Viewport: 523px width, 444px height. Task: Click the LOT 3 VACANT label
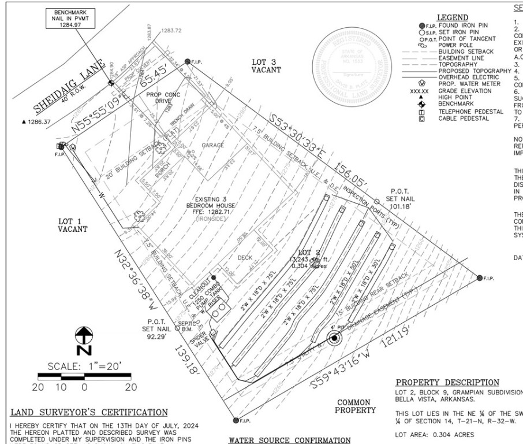click(x=266, y=65)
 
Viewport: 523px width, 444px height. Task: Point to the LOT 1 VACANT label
click(x=73, y=225)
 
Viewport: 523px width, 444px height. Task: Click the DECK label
click(x=246, y=258)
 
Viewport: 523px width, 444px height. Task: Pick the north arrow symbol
click(x=85, y=341)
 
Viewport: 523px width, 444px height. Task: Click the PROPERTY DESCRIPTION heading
click(x=447, y=383)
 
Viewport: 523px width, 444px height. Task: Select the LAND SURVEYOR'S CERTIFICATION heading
click(x=89, y=412)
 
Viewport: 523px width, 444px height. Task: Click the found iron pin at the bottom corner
click(x=236, y=420)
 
